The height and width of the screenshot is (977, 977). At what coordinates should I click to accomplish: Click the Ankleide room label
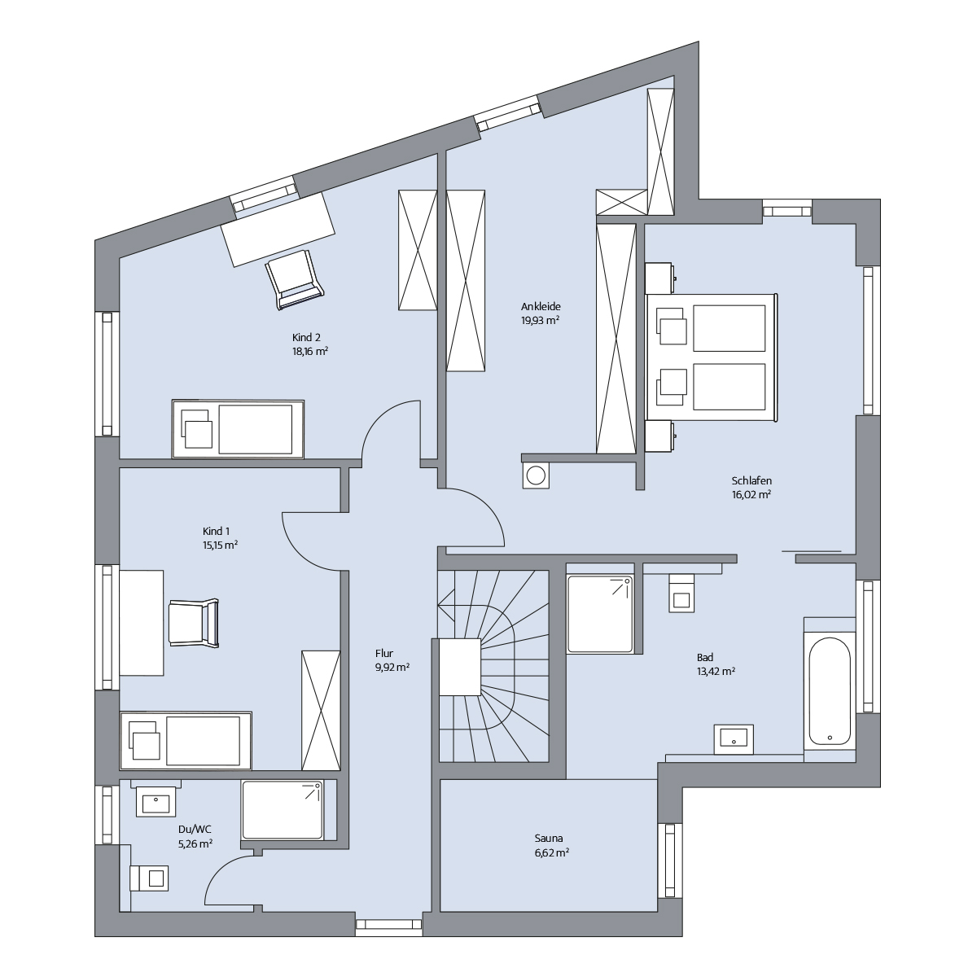(541, 307)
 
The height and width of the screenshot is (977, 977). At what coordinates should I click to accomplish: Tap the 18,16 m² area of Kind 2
(310, 351)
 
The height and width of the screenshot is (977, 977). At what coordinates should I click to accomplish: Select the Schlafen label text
(751, 480)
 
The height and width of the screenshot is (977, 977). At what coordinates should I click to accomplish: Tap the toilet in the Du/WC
(149, 878)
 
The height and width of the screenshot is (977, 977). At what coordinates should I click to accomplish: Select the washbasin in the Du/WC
(156, 803)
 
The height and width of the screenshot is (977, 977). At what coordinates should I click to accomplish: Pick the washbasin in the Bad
(733, 738)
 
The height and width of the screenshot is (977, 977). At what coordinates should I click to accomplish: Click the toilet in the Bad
(681, 594)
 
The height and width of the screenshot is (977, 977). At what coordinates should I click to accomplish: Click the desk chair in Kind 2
(294, 279)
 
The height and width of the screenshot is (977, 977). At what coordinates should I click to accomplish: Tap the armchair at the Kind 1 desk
(194, 623)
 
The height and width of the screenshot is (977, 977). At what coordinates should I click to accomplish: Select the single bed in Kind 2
(238, 429)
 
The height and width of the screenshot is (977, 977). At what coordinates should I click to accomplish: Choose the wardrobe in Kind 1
(321, 710)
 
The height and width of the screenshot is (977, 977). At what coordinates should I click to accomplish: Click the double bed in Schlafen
(712, 357)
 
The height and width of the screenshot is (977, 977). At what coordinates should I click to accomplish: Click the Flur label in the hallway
(384, 654)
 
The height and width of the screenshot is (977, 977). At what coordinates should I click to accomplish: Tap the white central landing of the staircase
(460, 668)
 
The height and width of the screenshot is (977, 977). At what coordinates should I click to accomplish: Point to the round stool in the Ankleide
(536, 476)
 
